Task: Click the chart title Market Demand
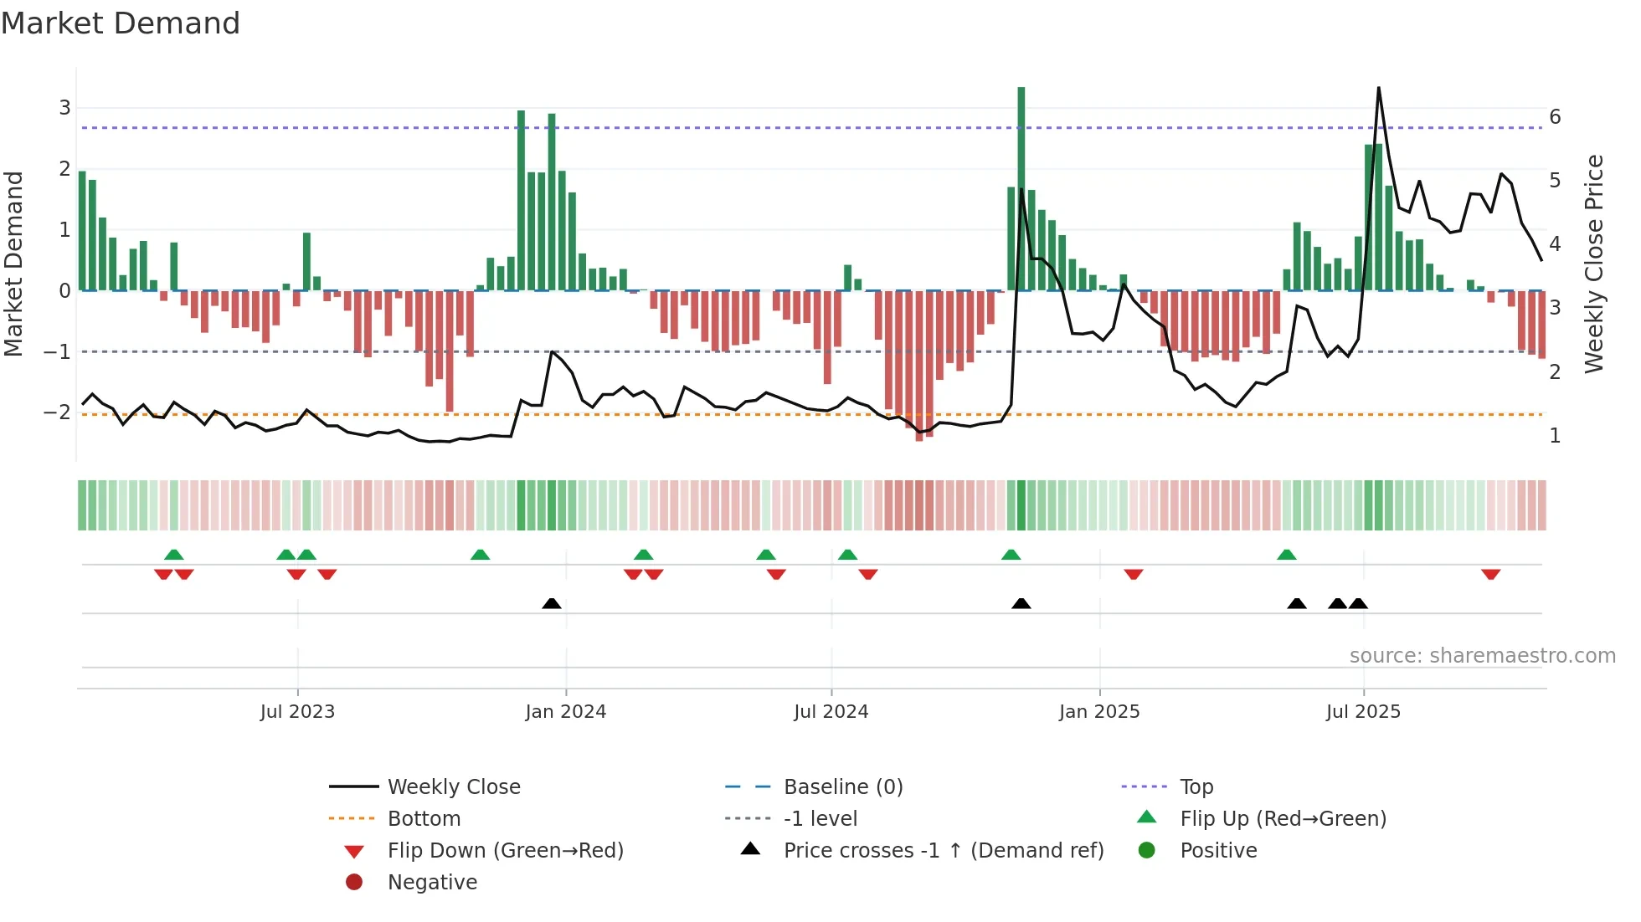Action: [121, 23]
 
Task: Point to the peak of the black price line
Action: [1378, 88]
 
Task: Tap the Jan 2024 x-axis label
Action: [565, 712]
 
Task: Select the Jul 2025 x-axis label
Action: [1363, 712]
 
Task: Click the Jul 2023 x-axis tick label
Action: [297, 712]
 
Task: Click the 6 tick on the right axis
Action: [1555, 117]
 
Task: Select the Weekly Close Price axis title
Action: [1594, 264]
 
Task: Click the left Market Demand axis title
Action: [14, 264]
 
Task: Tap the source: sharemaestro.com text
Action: [1482, 656]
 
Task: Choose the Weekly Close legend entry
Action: [453, 787]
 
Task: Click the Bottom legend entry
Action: [424, 819]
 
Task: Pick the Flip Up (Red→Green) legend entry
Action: [1283, 819]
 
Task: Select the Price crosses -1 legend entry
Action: [943, 851]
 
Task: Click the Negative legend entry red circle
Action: [354, 883]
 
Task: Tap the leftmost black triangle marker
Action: [552, 603]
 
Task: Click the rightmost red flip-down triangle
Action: [1490, 574]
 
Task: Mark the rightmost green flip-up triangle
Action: [1287, 555]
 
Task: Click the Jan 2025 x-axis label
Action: [1098, 712]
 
